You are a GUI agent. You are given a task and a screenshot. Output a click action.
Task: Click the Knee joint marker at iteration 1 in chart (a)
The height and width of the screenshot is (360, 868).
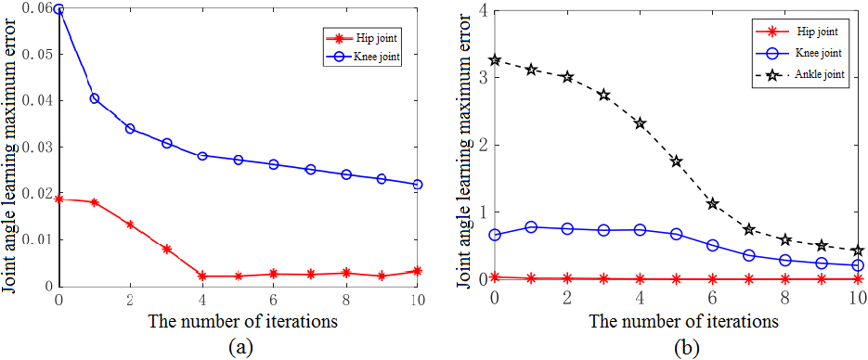click(94, 98)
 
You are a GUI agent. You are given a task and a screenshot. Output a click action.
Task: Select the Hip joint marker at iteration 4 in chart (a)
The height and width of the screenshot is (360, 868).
click(202, 276)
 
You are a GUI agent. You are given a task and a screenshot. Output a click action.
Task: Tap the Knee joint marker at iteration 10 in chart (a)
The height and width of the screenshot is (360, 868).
click(418, 184)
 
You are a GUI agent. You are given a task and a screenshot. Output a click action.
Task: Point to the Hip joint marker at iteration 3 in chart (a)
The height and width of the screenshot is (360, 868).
click(166, 250)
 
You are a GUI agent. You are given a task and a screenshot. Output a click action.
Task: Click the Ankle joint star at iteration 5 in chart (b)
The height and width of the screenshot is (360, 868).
click(677, 161)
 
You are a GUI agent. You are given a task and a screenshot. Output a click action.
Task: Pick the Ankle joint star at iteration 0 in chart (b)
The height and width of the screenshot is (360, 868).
click(496, 60)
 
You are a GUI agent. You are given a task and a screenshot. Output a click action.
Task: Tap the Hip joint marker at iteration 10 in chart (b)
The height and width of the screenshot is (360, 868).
click(858, 279)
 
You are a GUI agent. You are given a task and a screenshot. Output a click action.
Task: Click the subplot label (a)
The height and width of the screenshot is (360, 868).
click(240, 348)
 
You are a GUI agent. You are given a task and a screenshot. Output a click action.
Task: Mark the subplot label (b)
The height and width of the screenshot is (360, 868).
click(686, 349)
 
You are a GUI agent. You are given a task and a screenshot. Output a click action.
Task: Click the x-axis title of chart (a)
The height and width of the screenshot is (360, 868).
click(238, 320)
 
